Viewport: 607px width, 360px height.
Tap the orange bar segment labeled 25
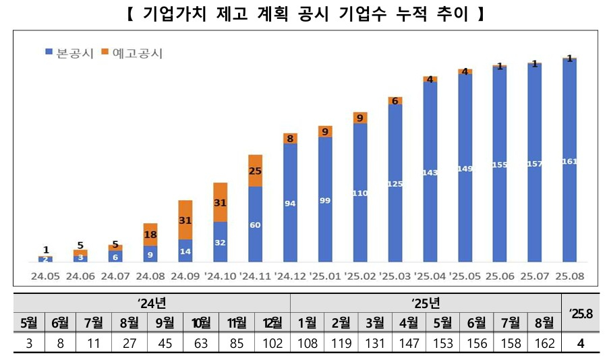pos(255,171)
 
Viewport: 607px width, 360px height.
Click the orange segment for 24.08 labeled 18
pos(150,234)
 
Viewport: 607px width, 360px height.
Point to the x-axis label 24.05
pos(45,275)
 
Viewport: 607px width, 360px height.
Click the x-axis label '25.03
pos(395,275)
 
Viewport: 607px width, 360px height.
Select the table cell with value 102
pos(273,344)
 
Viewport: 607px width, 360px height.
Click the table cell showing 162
pos(543,344)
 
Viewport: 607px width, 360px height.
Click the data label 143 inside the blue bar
pos(430,173)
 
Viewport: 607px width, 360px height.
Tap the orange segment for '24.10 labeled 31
pos(220,202)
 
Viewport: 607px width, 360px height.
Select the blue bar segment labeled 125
pos(395,183)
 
